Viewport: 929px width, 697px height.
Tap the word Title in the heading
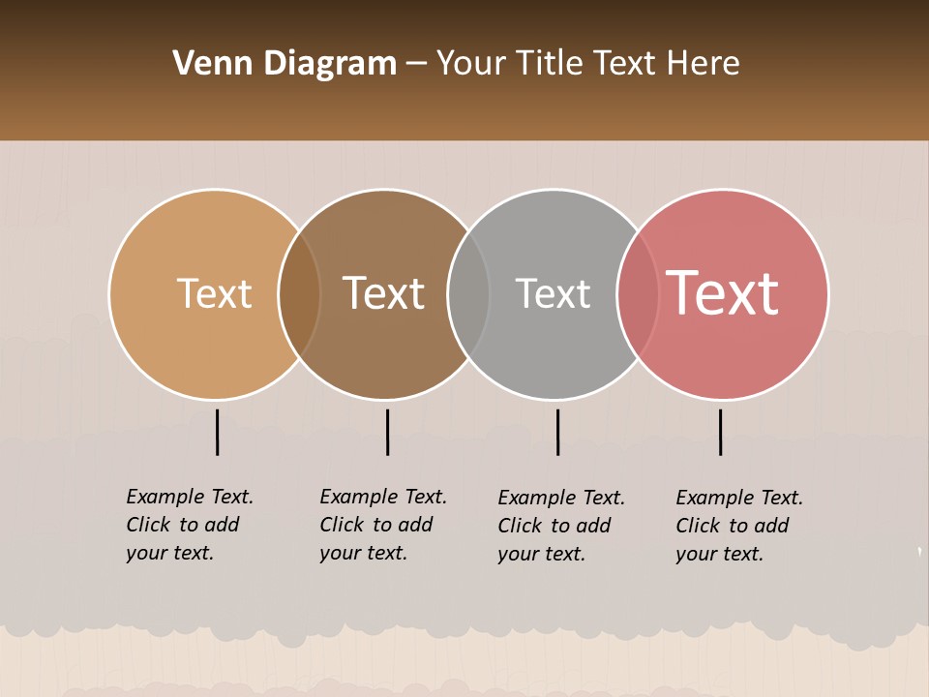point(549,64)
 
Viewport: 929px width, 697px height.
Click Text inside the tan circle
point(214,293)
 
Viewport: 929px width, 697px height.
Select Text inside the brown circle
point(384,293)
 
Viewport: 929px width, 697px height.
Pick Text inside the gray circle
point(553,293)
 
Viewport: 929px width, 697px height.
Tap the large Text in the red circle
point(723,293)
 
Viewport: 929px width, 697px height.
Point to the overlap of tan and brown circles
point(299,293)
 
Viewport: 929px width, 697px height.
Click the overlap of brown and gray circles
point(468,293)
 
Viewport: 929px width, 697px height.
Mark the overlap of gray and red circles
point(637,293)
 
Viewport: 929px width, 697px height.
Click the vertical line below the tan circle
point(217,432)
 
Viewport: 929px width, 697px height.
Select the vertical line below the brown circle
point(387,432)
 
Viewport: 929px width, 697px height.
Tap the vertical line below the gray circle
point(557,432)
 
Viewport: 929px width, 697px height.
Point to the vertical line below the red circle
point(720,432)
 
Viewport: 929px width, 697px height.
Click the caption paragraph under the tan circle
point(189,525)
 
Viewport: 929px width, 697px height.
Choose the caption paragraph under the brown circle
point(382,525)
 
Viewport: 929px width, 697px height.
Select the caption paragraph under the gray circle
point(560,526)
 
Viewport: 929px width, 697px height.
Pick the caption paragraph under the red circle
point(738,526)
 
